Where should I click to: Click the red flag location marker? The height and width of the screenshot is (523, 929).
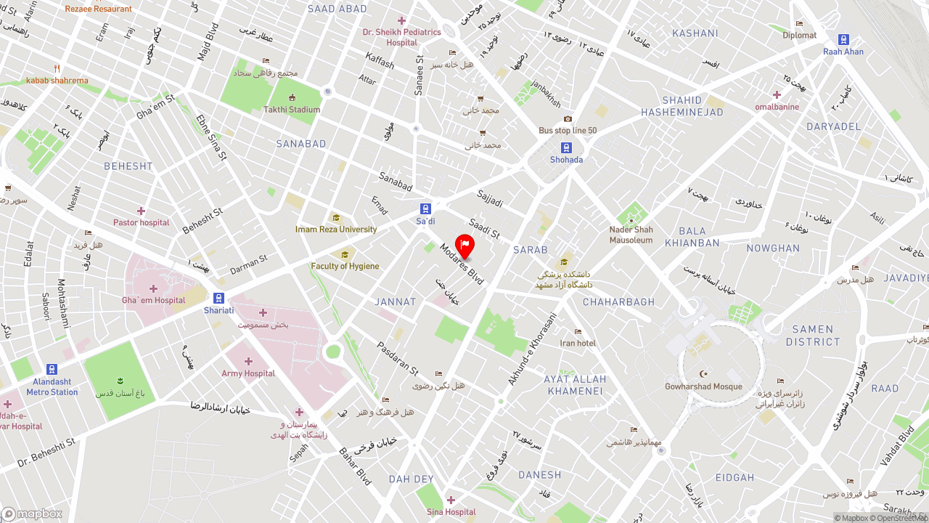point(464,246)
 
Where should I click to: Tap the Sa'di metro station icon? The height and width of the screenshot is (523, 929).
point(425,208)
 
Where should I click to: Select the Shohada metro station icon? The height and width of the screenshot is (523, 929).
point(566,147)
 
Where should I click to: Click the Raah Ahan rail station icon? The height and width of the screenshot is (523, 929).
point(843,40)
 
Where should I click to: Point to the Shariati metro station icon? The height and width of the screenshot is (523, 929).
point(218,298)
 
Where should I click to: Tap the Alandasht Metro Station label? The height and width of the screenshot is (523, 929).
point(52,387)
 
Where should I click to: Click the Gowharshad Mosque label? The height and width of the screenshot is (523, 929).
point(703,386)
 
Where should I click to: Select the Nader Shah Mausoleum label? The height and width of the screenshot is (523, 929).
point(631,235)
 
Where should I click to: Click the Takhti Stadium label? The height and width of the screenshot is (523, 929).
point(292,110)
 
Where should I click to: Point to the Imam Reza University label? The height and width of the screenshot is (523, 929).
point(336,230)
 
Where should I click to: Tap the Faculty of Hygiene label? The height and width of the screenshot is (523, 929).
point(345,266)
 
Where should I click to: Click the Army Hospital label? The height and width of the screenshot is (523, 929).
point(248,373)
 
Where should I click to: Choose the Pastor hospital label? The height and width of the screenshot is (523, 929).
point(141,222)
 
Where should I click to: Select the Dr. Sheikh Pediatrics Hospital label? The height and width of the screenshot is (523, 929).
point(401,37)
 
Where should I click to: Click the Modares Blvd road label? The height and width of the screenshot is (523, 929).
point(462,264)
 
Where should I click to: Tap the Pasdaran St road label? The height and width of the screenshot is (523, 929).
point(397,359)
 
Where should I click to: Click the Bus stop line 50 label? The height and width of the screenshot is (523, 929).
point(568,131)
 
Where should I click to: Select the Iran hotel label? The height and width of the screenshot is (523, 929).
point(578,343)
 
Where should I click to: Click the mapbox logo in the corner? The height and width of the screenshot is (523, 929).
point(32,514)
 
